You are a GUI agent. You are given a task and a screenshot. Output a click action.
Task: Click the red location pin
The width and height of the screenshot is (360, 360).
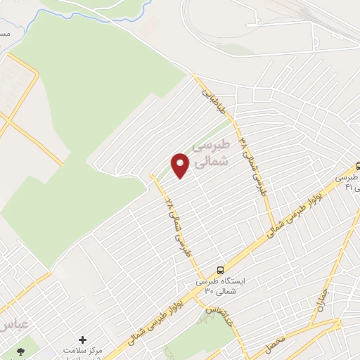(x=181, y=165)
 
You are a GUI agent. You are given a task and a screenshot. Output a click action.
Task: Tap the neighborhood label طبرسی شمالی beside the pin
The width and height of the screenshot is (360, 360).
(x=211, y=152)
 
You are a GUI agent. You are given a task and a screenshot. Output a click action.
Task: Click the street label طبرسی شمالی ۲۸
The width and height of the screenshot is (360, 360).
(x=179, y=228)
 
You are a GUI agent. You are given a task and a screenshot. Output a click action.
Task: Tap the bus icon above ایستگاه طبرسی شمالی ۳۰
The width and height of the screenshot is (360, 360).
(x=221, y=270)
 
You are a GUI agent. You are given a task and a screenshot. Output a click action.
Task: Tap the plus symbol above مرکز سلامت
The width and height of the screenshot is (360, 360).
(x=83, y=340)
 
